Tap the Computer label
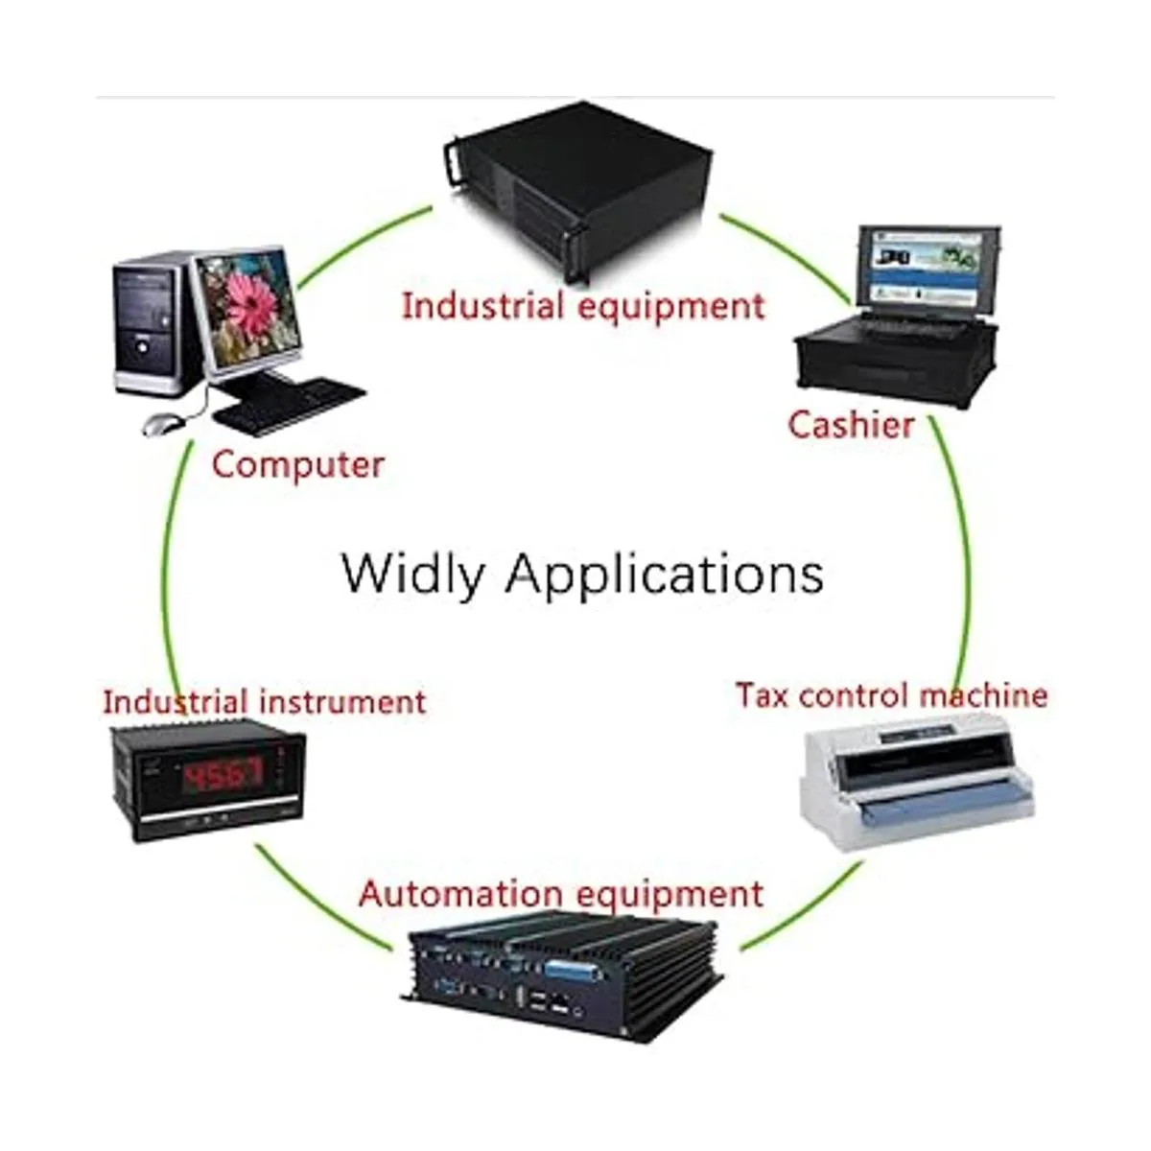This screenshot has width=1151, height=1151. point(297,465)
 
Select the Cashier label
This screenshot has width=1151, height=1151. point(851,424)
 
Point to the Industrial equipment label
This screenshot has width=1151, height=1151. point(583,307)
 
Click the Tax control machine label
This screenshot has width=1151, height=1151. point(891,695)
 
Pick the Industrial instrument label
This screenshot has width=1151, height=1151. point(264,702)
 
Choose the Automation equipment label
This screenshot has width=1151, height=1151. point(561,894)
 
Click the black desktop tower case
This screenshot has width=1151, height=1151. point(149,326)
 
